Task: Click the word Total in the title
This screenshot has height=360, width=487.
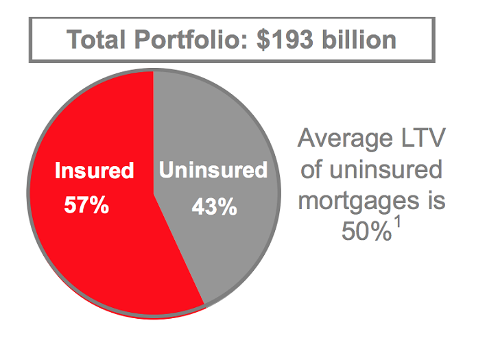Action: [97, 39]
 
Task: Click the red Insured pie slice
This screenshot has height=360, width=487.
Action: [89, 254]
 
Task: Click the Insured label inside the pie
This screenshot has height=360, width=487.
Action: [94, 171]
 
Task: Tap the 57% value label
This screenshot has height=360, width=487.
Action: [86, 205]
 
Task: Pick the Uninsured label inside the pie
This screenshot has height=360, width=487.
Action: [213, 170]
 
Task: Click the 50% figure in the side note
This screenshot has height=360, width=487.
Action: [365, 233]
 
